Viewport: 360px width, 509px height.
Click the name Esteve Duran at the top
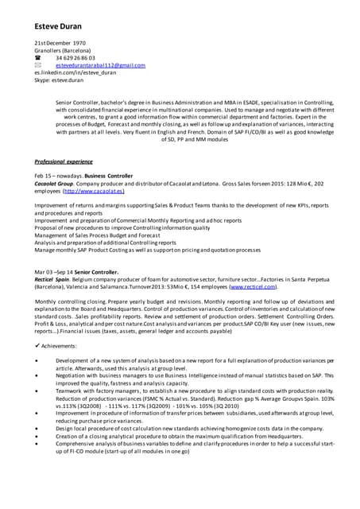58,26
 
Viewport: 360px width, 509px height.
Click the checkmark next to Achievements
37,345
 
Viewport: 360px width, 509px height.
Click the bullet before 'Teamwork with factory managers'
37,390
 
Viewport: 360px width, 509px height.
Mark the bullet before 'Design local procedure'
37,428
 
